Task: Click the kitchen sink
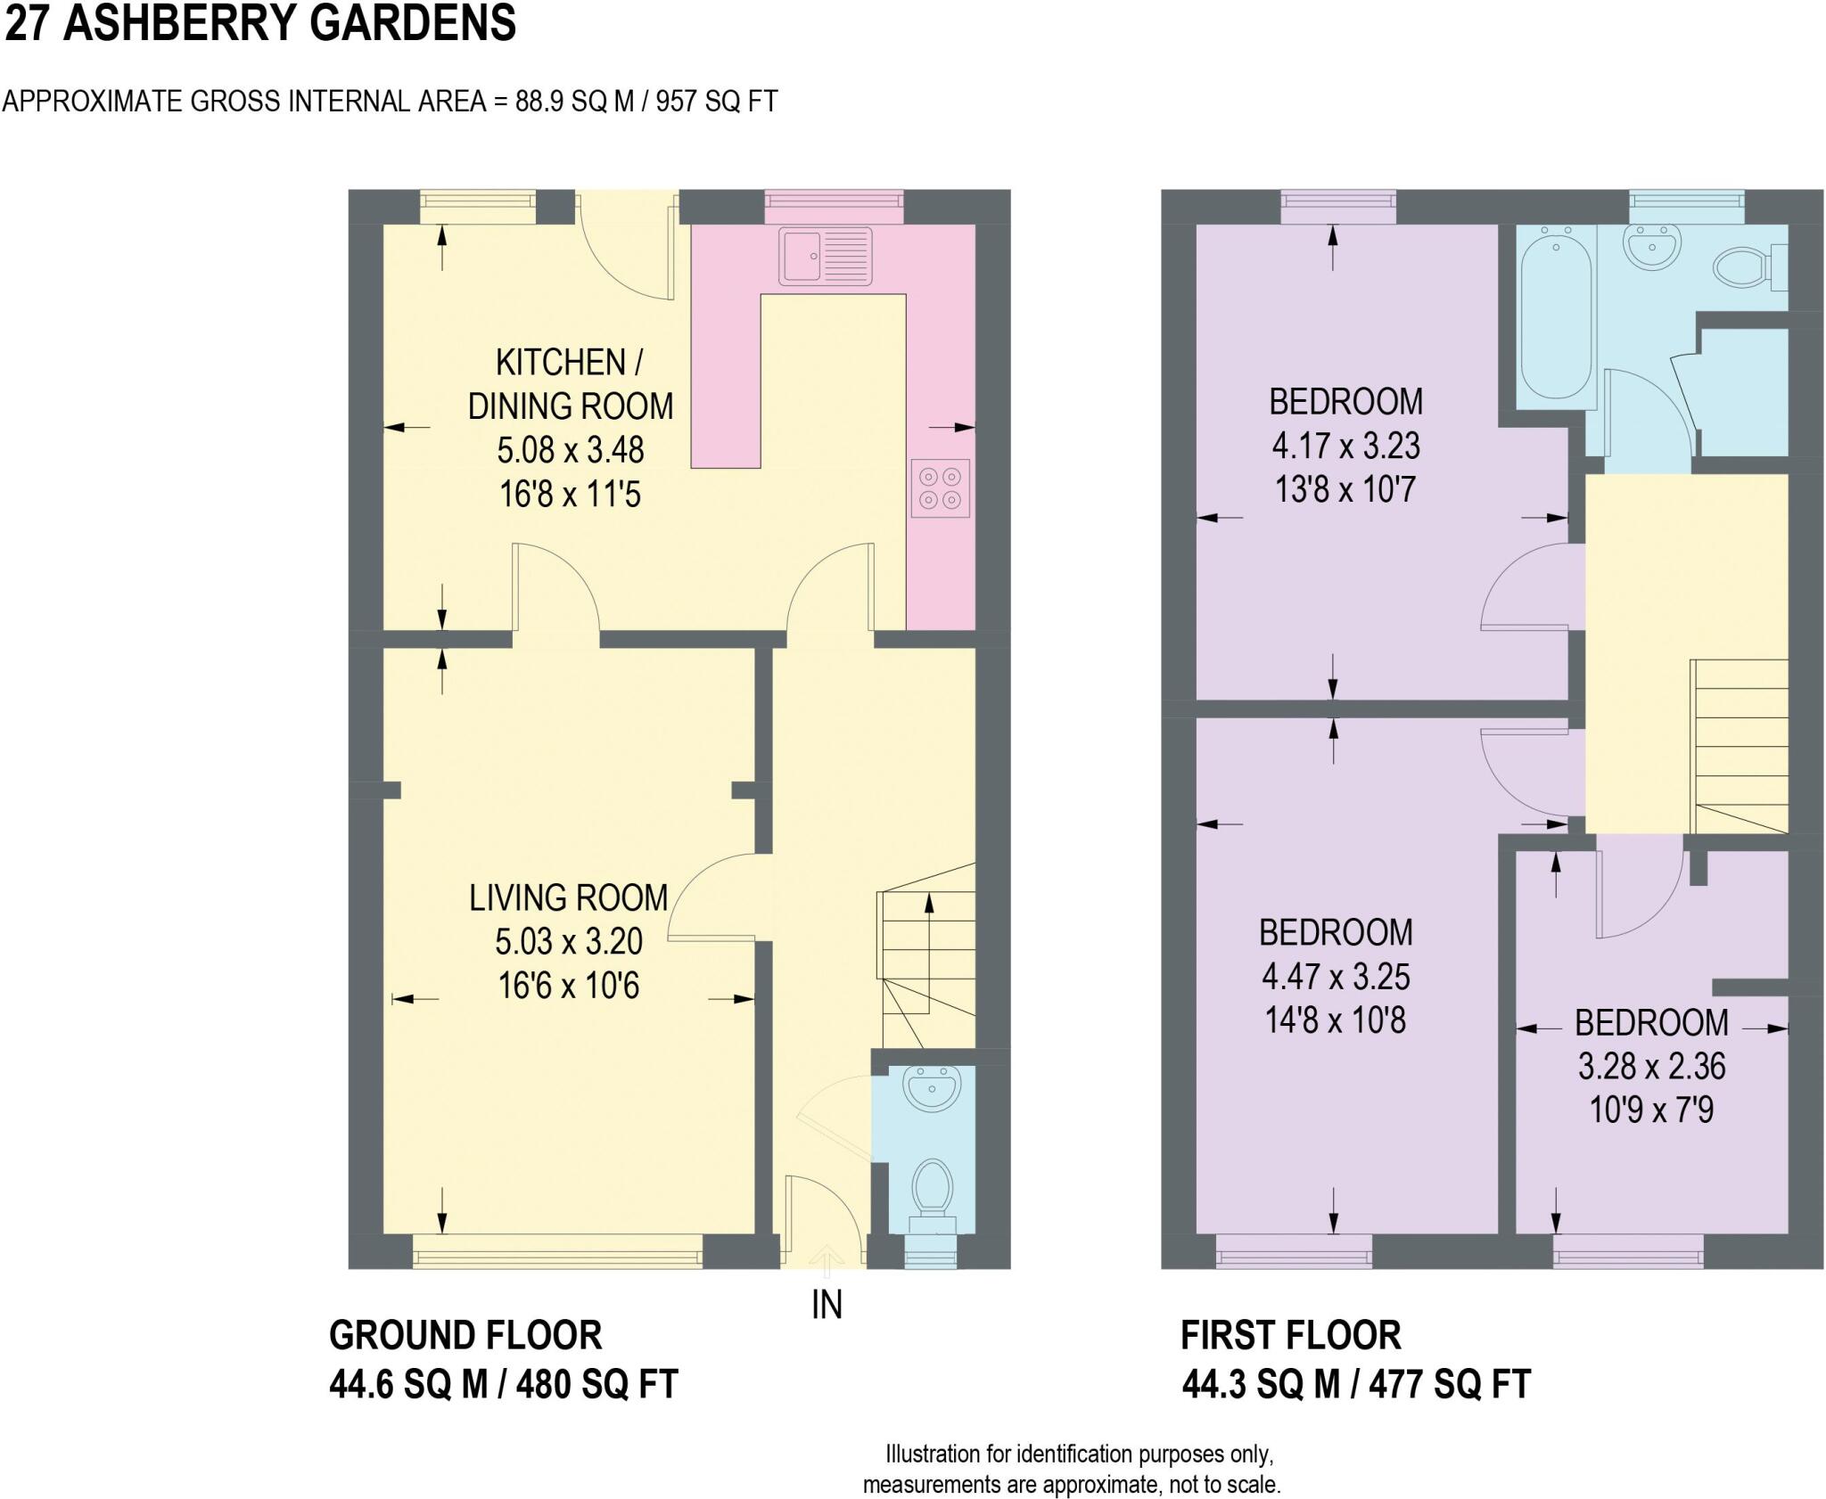(826, 256)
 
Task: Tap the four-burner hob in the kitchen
(941, 487)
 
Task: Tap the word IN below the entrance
(827, 1305)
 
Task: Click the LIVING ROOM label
(569, 897)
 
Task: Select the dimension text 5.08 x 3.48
(571, 450)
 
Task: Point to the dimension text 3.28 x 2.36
(1652, 1066)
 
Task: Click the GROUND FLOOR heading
(465, 1335)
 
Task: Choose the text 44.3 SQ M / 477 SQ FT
(1356, 1385)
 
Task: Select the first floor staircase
(1740, 746)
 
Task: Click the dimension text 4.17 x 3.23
(1345, 446)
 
